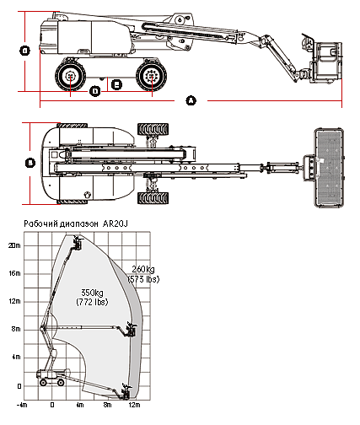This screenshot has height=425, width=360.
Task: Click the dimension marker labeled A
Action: [191, 100]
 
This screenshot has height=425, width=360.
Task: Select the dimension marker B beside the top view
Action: [30, 162]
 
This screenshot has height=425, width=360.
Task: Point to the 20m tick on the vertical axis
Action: [13, 245]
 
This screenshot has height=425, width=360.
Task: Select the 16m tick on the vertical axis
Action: [13, 273]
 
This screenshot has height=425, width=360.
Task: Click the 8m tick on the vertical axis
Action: [13, 329]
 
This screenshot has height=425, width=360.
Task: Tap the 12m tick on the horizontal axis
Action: [133, 406]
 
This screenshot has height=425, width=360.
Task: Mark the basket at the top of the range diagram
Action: [78, 245]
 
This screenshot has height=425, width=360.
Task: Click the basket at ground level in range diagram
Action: [126, 390]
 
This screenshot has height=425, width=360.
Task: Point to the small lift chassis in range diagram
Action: [51, 378]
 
